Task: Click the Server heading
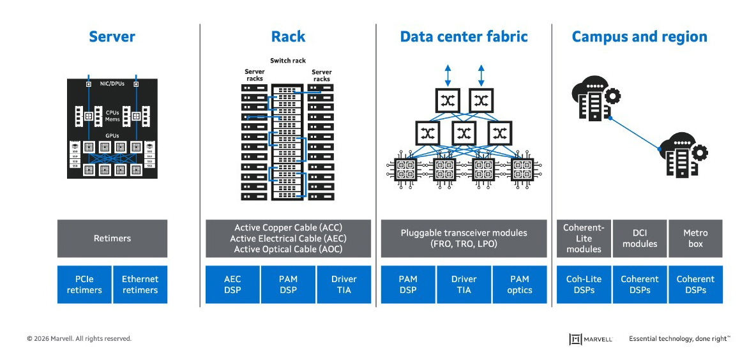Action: pos(112,37)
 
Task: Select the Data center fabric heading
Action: pos(464,37)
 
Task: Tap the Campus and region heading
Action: pos(639,37)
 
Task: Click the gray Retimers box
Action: pos(112,239)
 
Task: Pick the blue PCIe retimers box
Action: pos(84,285)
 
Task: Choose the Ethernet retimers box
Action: pos(140,285)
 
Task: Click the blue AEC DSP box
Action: pos(232,285)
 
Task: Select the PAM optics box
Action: pos(520,285)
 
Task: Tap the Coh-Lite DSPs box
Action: pos(584,285)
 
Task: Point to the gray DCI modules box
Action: pos(639,239)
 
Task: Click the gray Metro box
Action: pos(695,239)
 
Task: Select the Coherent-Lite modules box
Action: pos(584,239)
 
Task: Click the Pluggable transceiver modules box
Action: pos(464,239)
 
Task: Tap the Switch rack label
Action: pos(288,61)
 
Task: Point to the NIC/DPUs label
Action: pos(112,84)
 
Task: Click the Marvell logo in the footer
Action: pos(591,339)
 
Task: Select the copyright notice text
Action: pos(79,339)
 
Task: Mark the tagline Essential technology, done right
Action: pos(679,339)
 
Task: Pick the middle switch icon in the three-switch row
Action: pos(464,133)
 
